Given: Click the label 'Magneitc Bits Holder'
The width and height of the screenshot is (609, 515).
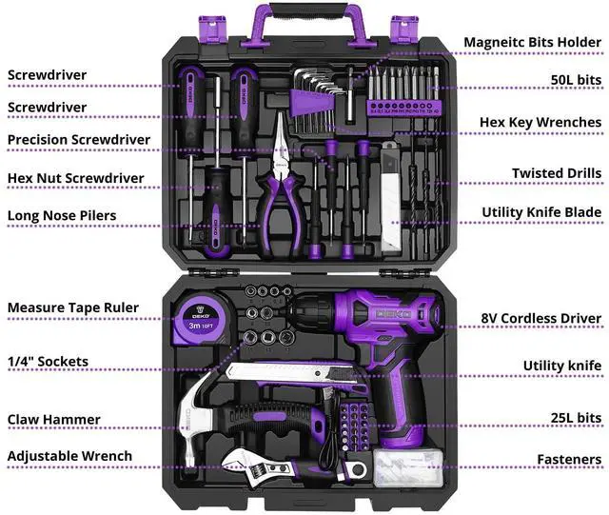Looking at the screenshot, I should pyautogui.click(x=532, y=42).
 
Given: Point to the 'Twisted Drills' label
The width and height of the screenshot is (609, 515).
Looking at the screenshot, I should pyautogui.click(x=557, y=172).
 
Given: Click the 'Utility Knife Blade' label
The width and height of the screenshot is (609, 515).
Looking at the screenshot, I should pyautogui.click(x=540, y=211).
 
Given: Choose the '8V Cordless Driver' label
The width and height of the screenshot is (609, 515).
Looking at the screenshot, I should pyautogui.click(x=540, y=318).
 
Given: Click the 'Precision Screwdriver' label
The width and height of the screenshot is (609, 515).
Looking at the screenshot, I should pyautogui.click(x=79, y=140).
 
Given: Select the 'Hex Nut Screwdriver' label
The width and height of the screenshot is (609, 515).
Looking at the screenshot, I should pyautogui.click(x=76, y=178).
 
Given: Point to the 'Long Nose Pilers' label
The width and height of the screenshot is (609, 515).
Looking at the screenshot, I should pyautogui.click(x=62, y=215).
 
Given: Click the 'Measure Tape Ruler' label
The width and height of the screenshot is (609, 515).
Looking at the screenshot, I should pyautogui.click(x=73, y=307).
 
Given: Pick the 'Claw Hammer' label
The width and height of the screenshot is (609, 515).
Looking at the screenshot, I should pyautogui.click(x=54, y=419).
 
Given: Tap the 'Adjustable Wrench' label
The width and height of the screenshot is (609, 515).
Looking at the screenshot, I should pyautogui.click(x=69, y=456).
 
